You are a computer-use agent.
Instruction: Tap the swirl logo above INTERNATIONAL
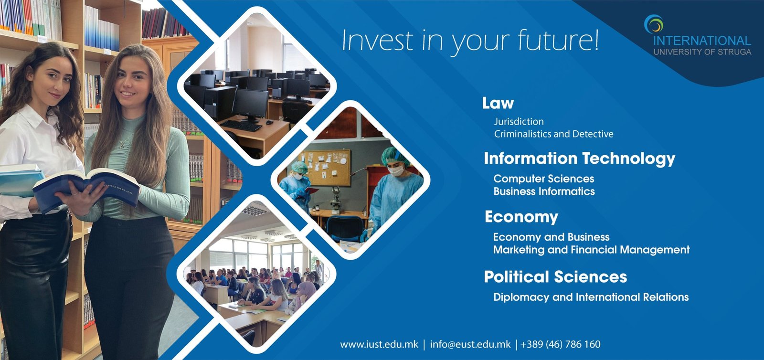(x=654, y=24)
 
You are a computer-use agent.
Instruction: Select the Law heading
(x=498, y=103)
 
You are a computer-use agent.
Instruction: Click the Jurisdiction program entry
(x=519, y=121)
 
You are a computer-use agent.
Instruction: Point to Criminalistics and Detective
(x=553, y=134)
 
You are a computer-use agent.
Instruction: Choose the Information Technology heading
(x=580, y=159)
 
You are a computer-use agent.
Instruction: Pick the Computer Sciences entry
(x=544, y=179)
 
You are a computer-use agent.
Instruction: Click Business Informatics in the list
(x=544, y=191)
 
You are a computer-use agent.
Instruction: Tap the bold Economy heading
(x=521, y=217)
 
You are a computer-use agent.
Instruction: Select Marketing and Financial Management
(x=592, y=250)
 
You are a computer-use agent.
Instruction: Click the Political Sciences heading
(x=555, y=277)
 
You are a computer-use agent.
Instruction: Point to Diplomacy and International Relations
(x=591, y=297)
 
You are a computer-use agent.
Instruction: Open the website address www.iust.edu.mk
(x=379, y=344)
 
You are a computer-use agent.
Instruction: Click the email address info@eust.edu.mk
(x=470, y=344)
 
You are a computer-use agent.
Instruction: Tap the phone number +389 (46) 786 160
(x=561, y=344)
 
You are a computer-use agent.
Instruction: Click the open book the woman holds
(x=87, y=189)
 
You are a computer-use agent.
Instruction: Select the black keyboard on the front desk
(x=241, y=126)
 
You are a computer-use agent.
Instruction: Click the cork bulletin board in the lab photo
(x=324, y=168)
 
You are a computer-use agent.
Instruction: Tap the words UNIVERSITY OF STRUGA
(x=702, y=52)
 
